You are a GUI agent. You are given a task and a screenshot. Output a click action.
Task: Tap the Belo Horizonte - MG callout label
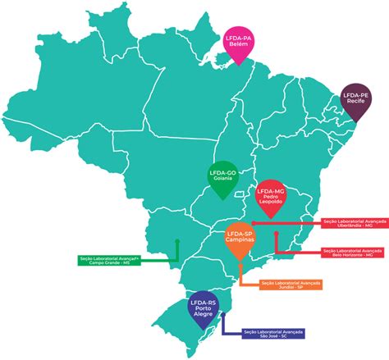pyautogui.click(x=353, y=252)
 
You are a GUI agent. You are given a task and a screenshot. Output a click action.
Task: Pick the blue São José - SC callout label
pyautogui.click(x=273, y=333)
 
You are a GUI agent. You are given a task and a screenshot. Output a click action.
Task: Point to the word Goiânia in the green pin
pyautogui.click(x=222, y=179)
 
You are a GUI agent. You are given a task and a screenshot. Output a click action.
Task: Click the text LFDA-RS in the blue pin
pyautogui.click(x=203, y=301)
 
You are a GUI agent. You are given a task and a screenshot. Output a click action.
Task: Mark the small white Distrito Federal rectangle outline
pyautogui.click(x=240, y=195)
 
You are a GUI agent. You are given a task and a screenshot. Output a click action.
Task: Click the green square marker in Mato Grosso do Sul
pyautogui.click(x=177, y=241)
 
